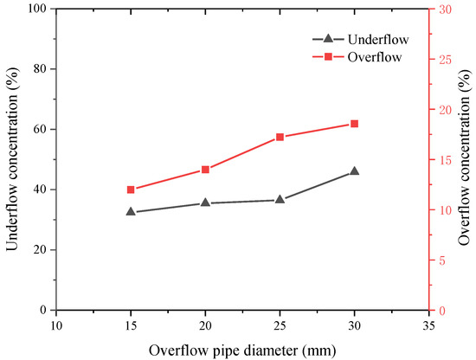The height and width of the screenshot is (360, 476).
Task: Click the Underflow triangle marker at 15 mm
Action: [131, 211]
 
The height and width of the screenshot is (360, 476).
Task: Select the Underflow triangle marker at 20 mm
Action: [205, 202]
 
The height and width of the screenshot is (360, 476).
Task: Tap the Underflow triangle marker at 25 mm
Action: [280, 199]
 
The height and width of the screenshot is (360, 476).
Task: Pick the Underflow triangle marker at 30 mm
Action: [354, 171]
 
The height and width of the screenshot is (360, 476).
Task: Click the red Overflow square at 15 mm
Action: [131, 190]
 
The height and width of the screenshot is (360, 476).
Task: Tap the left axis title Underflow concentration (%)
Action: [12, 159]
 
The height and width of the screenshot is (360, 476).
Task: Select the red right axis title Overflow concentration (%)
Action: [466, 159]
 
